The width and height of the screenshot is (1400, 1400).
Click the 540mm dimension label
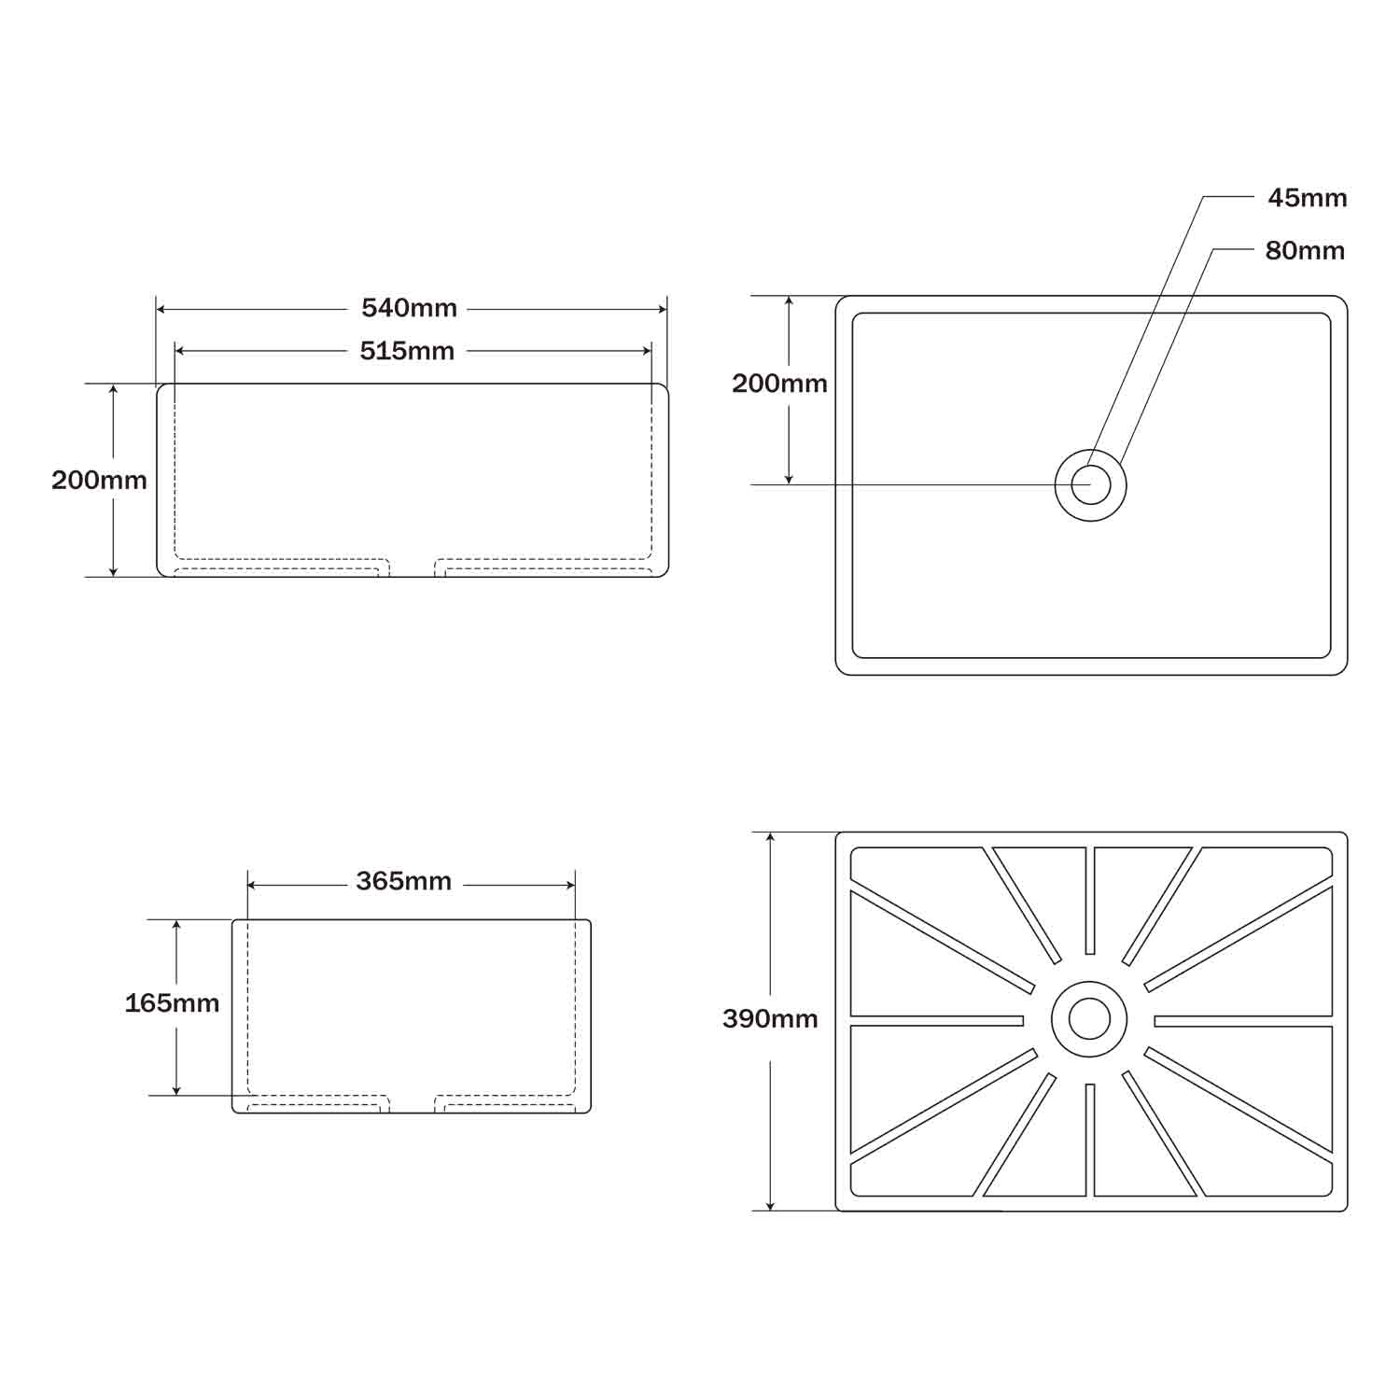[x=409, y=308]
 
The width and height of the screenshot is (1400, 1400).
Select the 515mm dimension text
[x=407, y=351]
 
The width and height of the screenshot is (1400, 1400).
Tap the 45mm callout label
[x=1307, y=198]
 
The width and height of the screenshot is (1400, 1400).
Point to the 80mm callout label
[x=1305, y=250]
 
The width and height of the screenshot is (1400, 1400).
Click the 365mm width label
[x=403, y=881]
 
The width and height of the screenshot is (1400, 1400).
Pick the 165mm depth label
[x=172, y=1003]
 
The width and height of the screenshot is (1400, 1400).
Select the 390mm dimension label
[x=770, y=1018]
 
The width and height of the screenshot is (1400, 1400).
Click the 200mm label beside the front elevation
[x=99, y=480]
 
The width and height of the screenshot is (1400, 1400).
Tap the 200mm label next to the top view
[x=779, y=384]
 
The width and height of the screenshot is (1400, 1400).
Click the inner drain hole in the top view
[x=1090, y=485]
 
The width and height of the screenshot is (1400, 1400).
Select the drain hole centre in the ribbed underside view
[x=1089, y=1018]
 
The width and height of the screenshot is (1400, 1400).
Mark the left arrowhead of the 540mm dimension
[x=161, y=309]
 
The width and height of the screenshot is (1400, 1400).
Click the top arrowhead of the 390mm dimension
[x=770, y=836]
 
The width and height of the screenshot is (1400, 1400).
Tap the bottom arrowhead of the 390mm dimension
[x=770, y=1206]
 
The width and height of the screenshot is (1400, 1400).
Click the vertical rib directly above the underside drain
[x=1089, y=900]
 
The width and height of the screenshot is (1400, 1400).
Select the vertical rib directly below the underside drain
[x=1089, y=1140]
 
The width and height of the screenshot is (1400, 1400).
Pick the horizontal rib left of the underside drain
[x=936, y=1020]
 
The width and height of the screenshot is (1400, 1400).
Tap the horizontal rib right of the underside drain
[x=1243, y=1020]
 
